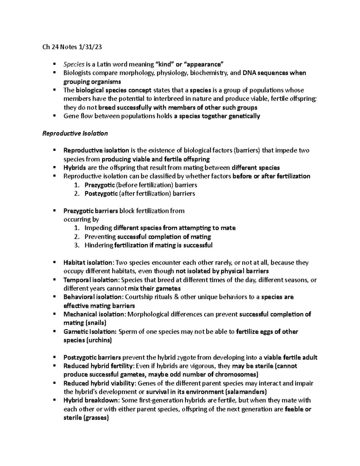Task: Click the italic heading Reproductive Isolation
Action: click(75, 134)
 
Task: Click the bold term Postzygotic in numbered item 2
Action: click(101, 194)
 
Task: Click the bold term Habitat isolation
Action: click(87, 263)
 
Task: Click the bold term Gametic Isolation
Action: click(90, 332)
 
